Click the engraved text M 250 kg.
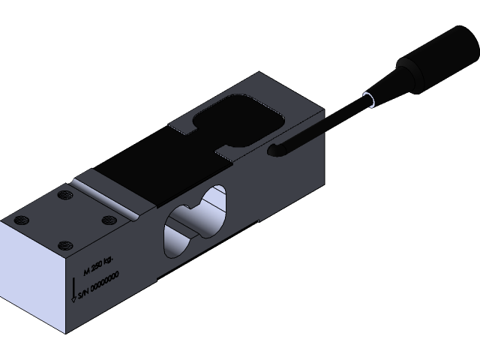pos(98,262)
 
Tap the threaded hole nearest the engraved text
pos(65,244)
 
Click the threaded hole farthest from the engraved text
pos(62,196)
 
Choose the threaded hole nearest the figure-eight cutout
pos(108,220)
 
